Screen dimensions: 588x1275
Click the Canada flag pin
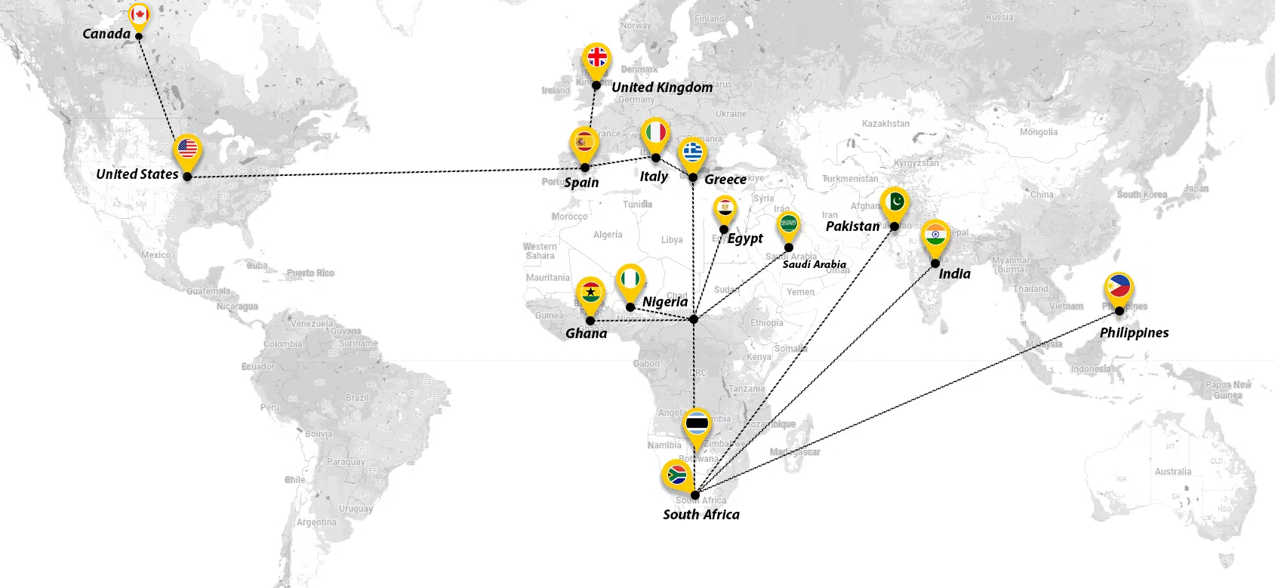(138, 15)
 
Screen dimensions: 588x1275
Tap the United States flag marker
(187, 149)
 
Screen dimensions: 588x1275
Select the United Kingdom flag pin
(597, 57)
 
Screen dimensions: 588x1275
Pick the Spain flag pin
(584, 142)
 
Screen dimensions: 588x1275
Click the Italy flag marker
(655, 133)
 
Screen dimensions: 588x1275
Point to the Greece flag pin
(692, 152)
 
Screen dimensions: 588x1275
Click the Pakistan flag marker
(895, 202)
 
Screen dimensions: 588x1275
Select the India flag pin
(935, 235)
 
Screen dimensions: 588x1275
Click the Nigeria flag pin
(630, 279)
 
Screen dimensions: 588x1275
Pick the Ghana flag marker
(590, 292)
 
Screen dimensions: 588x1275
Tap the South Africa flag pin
(676, 475)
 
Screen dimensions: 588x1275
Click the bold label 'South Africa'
(701, 515)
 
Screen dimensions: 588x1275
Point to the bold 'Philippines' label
(1134, 333)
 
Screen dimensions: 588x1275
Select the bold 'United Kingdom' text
(662, 88)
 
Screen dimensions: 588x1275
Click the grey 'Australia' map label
(1173, 472)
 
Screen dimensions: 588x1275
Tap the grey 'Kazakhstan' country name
(885, 124)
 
